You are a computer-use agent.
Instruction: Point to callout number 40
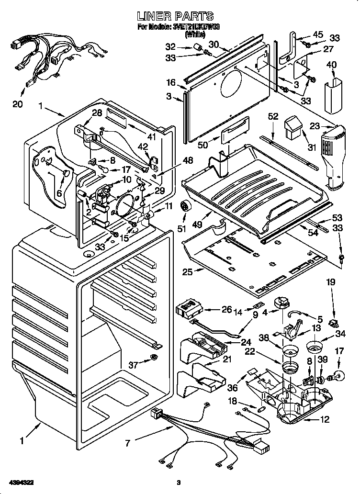[331, 65]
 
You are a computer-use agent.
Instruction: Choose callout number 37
[133, 365]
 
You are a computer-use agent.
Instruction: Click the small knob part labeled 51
[184, 208]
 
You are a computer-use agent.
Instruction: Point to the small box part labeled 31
[292, 127]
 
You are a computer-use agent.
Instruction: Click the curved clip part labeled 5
[295, 313]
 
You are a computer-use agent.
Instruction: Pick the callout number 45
[318, 35]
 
